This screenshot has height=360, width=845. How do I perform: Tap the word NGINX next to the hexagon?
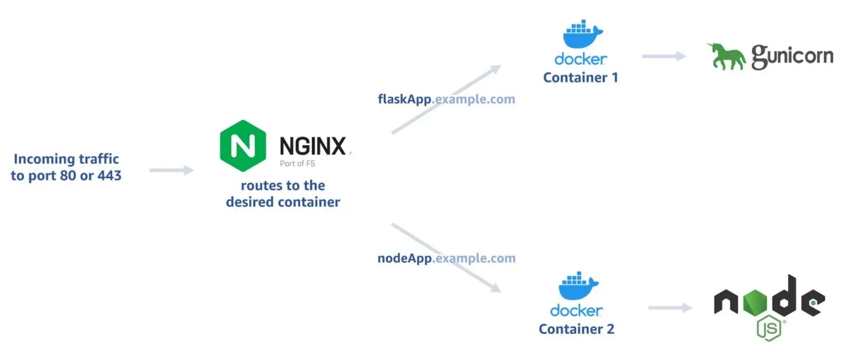(312, 146)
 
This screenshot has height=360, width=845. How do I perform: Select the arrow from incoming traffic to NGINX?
(171, 170)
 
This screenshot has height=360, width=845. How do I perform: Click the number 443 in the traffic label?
(107, 175)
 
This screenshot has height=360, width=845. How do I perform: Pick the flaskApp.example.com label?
(446, 99)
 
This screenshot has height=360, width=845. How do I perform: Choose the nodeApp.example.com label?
(446, 259)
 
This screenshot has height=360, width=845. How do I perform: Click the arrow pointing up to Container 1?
(446, 99)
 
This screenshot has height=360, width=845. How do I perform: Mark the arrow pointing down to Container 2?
(446, 258)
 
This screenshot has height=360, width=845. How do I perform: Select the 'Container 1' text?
(580, 77)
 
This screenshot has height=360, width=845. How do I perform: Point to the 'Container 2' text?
(577, 329)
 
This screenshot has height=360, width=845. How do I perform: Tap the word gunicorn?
(792, 57)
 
